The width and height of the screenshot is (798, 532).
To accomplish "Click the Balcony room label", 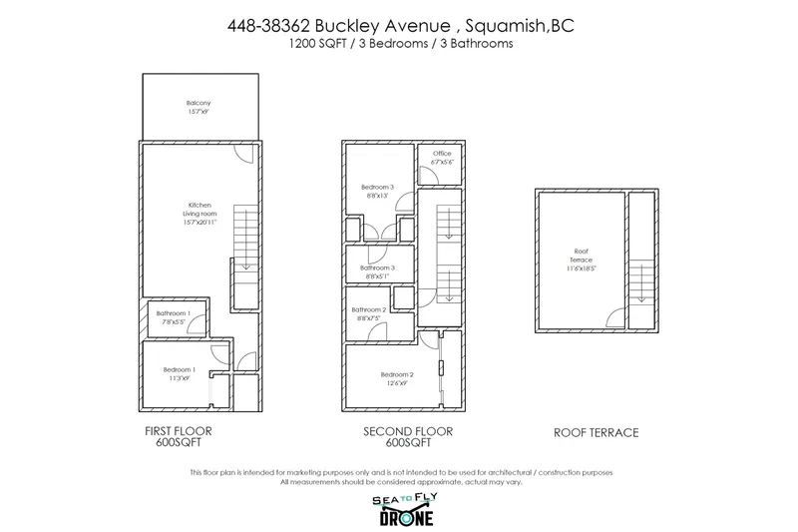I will pyautogui.click(x=199, y=107).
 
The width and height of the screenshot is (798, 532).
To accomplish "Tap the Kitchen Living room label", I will pyautogui.click(x=200, y=214).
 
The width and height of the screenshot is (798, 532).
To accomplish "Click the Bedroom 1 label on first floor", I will pyautogui.click(x=180, y=374).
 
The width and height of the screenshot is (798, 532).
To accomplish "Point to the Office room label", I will pyautogui.click(x=442, y=158).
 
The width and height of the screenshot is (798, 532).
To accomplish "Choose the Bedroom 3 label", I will pyautogui.click(x=378, y=191).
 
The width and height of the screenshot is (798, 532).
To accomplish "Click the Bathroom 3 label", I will pyautogui.click(x=378, y=271).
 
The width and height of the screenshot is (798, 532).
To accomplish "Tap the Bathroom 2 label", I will pyautogui.click(x=369, y=314).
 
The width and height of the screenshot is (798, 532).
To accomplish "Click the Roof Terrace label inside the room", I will pyautogui.click(x=582, y=259).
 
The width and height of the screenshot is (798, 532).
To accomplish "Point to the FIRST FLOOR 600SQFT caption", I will pyautogui.click(x=180, y=437).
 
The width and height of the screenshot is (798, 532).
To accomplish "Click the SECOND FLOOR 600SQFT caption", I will pyautogui.click(x=407, y=437).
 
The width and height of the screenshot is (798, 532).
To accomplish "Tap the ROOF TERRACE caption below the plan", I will pyautogui.click(x=596, y=433).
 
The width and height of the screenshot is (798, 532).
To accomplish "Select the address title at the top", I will pyautogui.click(x=399, y=27).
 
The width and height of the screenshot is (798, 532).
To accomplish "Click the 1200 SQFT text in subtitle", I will pyautogui.click(x=312, y=45).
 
